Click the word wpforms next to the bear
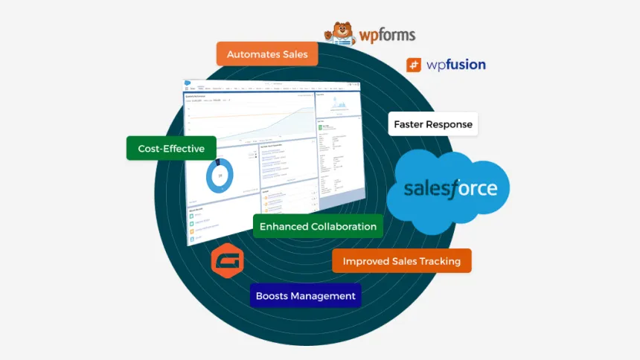[x=386, y=35]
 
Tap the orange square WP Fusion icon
[x=414, y=65]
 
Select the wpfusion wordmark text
[x=455, y=65]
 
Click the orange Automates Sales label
[x=267, y=54]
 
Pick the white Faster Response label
[x=432, y=124]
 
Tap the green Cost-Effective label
[x=171, y=148]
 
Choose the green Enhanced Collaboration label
[x=318, y=226]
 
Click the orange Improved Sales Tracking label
[x=401, y=260]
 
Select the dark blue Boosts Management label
[x=305, y=295]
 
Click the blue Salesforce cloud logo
[x=449, y=187]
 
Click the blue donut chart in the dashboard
[x=219, y=176]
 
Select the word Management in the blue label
[x=323, y=295]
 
